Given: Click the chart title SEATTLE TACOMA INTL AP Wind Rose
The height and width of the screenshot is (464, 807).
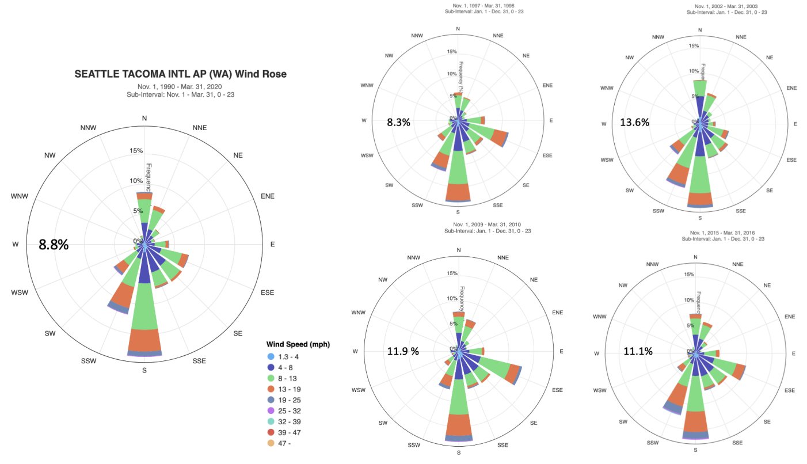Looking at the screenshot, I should tap(180, 74).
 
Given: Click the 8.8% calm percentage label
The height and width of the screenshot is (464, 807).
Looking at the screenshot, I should tap(54, 245).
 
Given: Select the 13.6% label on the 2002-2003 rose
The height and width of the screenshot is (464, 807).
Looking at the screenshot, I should tap(634, 122).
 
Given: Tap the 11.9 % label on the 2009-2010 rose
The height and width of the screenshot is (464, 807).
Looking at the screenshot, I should tap(403, 351).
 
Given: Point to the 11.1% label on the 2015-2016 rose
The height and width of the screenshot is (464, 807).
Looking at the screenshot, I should tap(638, 351).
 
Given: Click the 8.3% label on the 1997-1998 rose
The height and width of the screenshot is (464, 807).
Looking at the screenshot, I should tap(398, 122).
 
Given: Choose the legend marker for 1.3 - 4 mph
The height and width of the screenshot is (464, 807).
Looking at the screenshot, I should tap(271, 357).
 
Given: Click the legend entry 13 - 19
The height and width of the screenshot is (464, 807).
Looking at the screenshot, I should tap(288, 389).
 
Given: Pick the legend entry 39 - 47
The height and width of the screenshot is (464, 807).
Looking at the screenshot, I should tap(288, 432).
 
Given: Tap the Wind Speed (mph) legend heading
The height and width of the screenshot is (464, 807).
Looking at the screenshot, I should tap(298, 344).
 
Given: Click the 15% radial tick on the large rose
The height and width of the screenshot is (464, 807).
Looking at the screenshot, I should tap(136, 151).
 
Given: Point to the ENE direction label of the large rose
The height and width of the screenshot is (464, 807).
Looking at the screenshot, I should tap(267, 196).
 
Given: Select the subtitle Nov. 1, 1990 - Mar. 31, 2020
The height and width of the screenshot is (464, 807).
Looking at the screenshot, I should tap(180, 86).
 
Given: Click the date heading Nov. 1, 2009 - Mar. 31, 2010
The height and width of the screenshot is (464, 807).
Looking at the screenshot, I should tap(488, 225).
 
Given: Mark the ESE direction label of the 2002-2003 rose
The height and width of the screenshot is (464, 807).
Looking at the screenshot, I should tap(791, 159).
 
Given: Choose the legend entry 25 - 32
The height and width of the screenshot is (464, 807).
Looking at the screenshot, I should tap(288, 411).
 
